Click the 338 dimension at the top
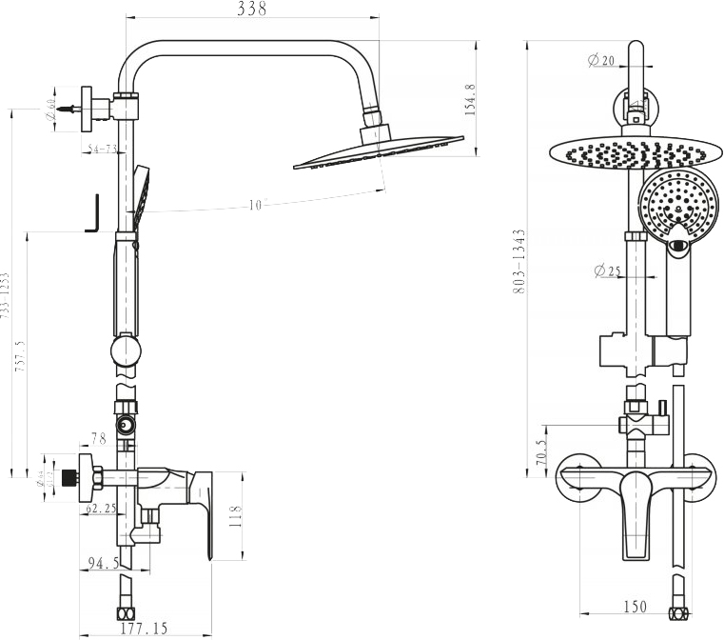click(x=251, y=10)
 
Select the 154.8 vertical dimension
click(x=470, y=99)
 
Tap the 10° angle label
click(x=258, y=205)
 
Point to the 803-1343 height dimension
click(x=519, y=260)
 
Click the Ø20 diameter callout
click(x=602, y=61)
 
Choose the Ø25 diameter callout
click(x=607, y=271)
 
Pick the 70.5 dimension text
click(x=541, y=451)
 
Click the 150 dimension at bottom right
click(x=636, y=607)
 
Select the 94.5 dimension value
click(x=103, y=563)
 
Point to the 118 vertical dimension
click(x=237, y=516)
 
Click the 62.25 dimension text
click(x=101, y=509)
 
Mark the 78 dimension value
click(x=98, y=438)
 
